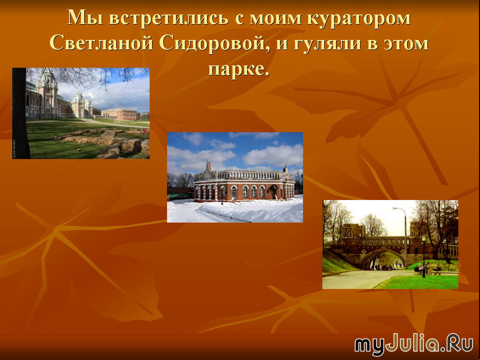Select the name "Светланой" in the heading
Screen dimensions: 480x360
pyautogui.click(x=101, y=43)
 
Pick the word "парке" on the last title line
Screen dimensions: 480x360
pyautogui.click(x=235, y=69)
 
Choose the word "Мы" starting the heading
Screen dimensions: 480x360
pyautogui.click(x=85, y=18)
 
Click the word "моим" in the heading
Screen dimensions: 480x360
pyautogui.click(x=275, y=18)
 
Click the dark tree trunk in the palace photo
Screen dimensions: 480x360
pyautogui.click(x=20, y=113)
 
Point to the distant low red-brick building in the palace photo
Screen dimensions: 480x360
pyautogui.click(x=119, y=113)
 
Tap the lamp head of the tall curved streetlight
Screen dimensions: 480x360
pyautogui.click(x=395, y=208)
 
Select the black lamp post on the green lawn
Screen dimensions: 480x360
pyautogui.click(x=424, y=256)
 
